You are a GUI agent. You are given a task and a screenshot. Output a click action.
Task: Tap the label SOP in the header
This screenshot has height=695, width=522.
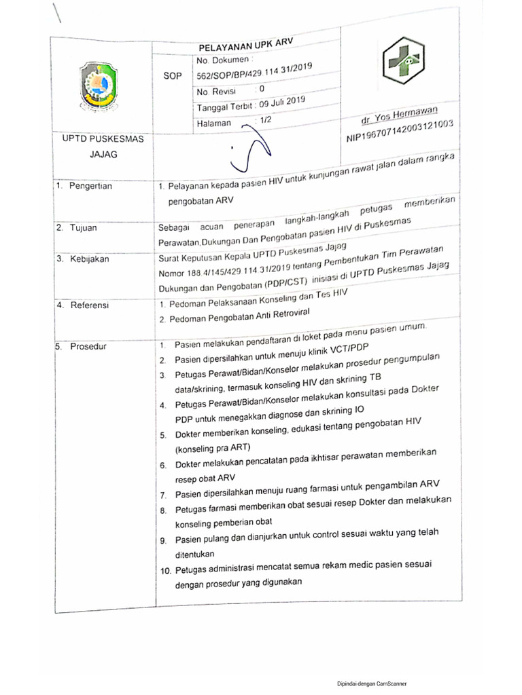coord(173,77)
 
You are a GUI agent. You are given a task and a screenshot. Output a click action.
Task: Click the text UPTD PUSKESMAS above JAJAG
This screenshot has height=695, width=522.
coord(99,139)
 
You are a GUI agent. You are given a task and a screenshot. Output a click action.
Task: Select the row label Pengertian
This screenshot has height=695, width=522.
coord(90,186)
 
